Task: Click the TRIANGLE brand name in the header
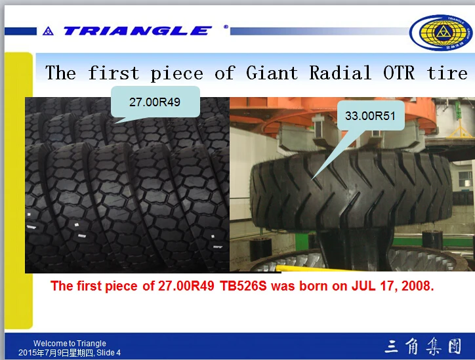pos(136,31)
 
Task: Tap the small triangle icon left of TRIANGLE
pos(47,31)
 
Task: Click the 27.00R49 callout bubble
pos(154,102)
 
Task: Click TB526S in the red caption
pos(245,286)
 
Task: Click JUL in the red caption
pos(364,286)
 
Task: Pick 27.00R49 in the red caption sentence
pos(188,286)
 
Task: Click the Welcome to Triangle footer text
pos(70,344)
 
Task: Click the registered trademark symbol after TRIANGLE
pos(226,28)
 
